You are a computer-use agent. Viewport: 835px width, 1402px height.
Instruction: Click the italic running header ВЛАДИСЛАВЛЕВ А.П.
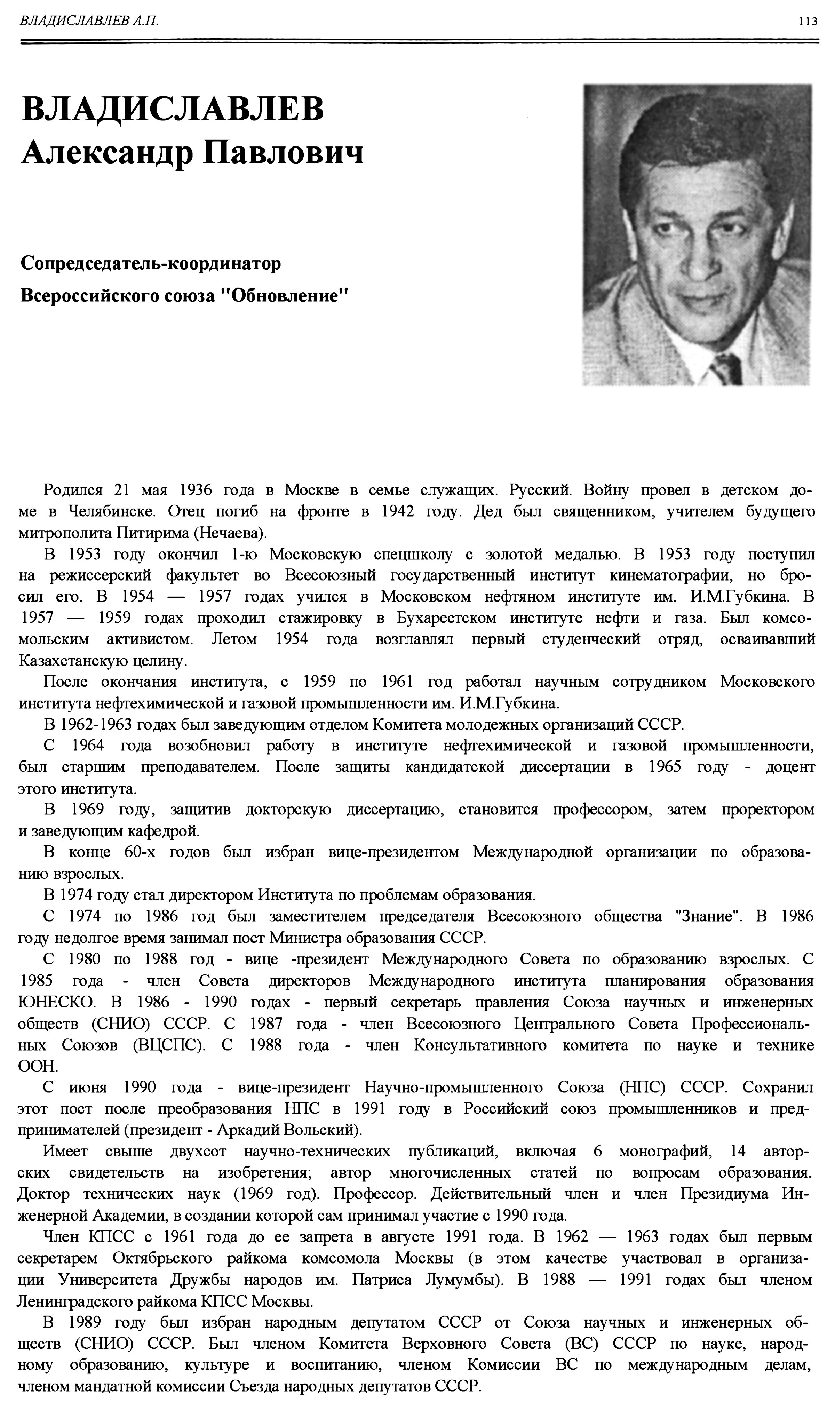89,21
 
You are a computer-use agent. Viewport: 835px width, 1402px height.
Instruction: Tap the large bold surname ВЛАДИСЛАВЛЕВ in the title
173,109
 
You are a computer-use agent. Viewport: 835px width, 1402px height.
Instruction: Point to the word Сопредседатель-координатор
151,263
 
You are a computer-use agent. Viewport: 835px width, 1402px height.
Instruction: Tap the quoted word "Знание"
708,916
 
